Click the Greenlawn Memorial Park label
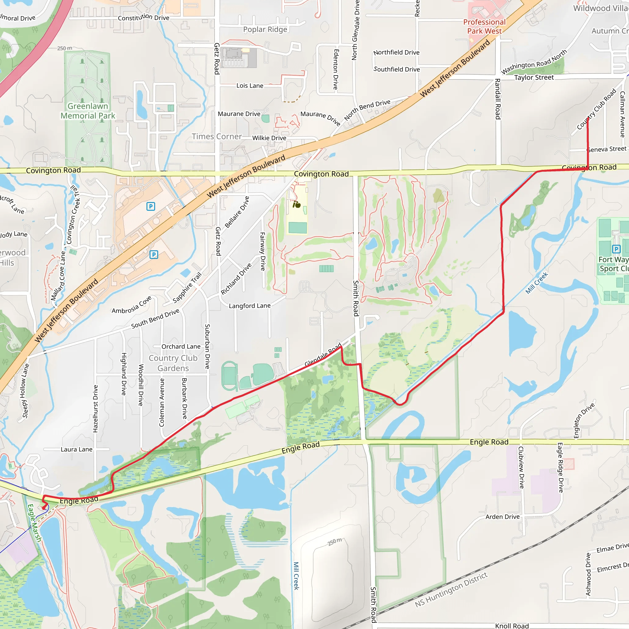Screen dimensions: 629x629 point(88,111)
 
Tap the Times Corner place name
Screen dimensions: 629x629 point(217,136)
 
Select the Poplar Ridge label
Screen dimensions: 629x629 point(265,29)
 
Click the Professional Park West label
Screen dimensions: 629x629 point(484,27)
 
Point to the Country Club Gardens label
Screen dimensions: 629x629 point(173,363)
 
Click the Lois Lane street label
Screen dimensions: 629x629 point(250,86)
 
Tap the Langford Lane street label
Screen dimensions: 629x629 point(250,306)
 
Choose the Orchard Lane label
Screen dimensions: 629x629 point(181,346)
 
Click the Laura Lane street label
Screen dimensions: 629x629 point(76,449)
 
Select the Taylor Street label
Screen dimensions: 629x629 point(534,77)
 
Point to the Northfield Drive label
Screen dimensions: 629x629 point(396,53)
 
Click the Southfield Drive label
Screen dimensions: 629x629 point(397,69)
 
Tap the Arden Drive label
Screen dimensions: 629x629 point(502,517)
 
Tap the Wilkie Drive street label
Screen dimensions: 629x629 point(269,138)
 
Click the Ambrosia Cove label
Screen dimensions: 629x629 point(131,305)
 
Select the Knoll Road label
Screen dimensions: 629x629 point(512,625)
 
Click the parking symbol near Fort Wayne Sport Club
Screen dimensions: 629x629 point(616,249)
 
